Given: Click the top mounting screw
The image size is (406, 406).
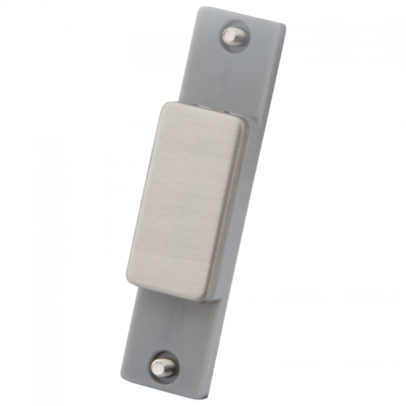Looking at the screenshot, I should click(x=233, y=35).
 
